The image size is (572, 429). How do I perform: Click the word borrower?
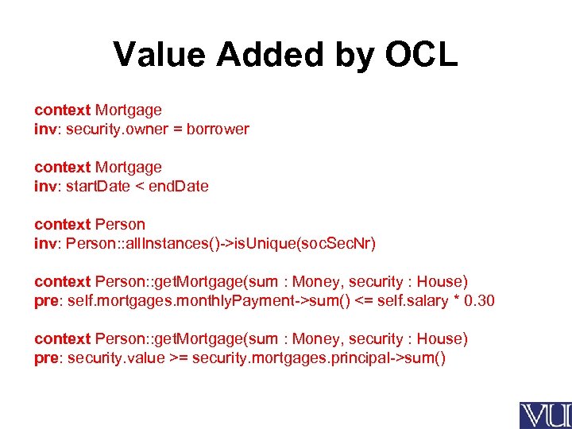pyautogui.click(x=218, y=129)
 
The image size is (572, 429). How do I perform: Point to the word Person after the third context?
pyautogui.click(x=120, y=224)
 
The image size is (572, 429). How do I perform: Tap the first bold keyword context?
pyautogui.click(x=62, y=110)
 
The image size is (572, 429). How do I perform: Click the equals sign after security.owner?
pyautogui.click(x=175, y=129)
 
